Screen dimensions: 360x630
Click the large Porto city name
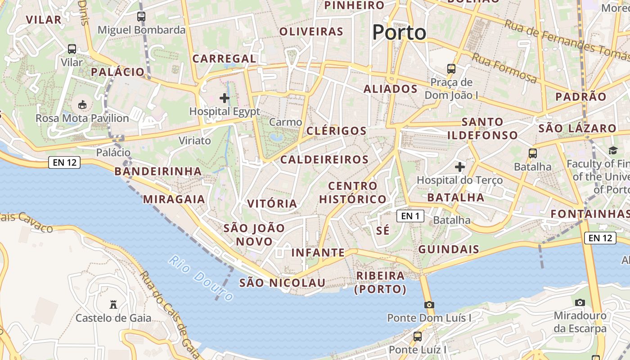point(399,32)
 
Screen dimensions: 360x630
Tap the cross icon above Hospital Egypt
point(224,98)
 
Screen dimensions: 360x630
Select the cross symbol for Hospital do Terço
point(459,167)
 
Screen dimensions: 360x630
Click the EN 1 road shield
point(410,216)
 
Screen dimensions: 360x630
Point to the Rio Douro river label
point(201,278)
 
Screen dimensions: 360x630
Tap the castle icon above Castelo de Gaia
point(113,305)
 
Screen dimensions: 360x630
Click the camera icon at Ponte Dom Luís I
point(429,305)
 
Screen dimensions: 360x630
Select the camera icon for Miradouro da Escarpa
point(580,302)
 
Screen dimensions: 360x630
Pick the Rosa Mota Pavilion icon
point(82,105)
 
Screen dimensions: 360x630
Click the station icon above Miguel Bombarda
point(141,17)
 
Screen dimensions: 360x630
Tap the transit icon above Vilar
point(72,49)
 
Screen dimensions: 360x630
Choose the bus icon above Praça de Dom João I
point(451,69)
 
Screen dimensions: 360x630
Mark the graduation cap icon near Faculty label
point(613,150)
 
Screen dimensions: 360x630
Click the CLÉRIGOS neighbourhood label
point(337,131)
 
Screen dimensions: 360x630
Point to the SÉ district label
point(382,231)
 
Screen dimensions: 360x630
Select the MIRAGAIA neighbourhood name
point(174,199)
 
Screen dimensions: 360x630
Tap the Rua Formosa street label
point(504,68)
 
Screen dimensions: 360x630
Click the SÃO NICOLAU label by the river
point(282,283)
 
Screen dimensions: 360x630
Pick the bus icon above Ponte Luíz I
point(418,336)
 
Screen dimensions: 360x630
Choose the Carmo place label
point(285,122)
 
